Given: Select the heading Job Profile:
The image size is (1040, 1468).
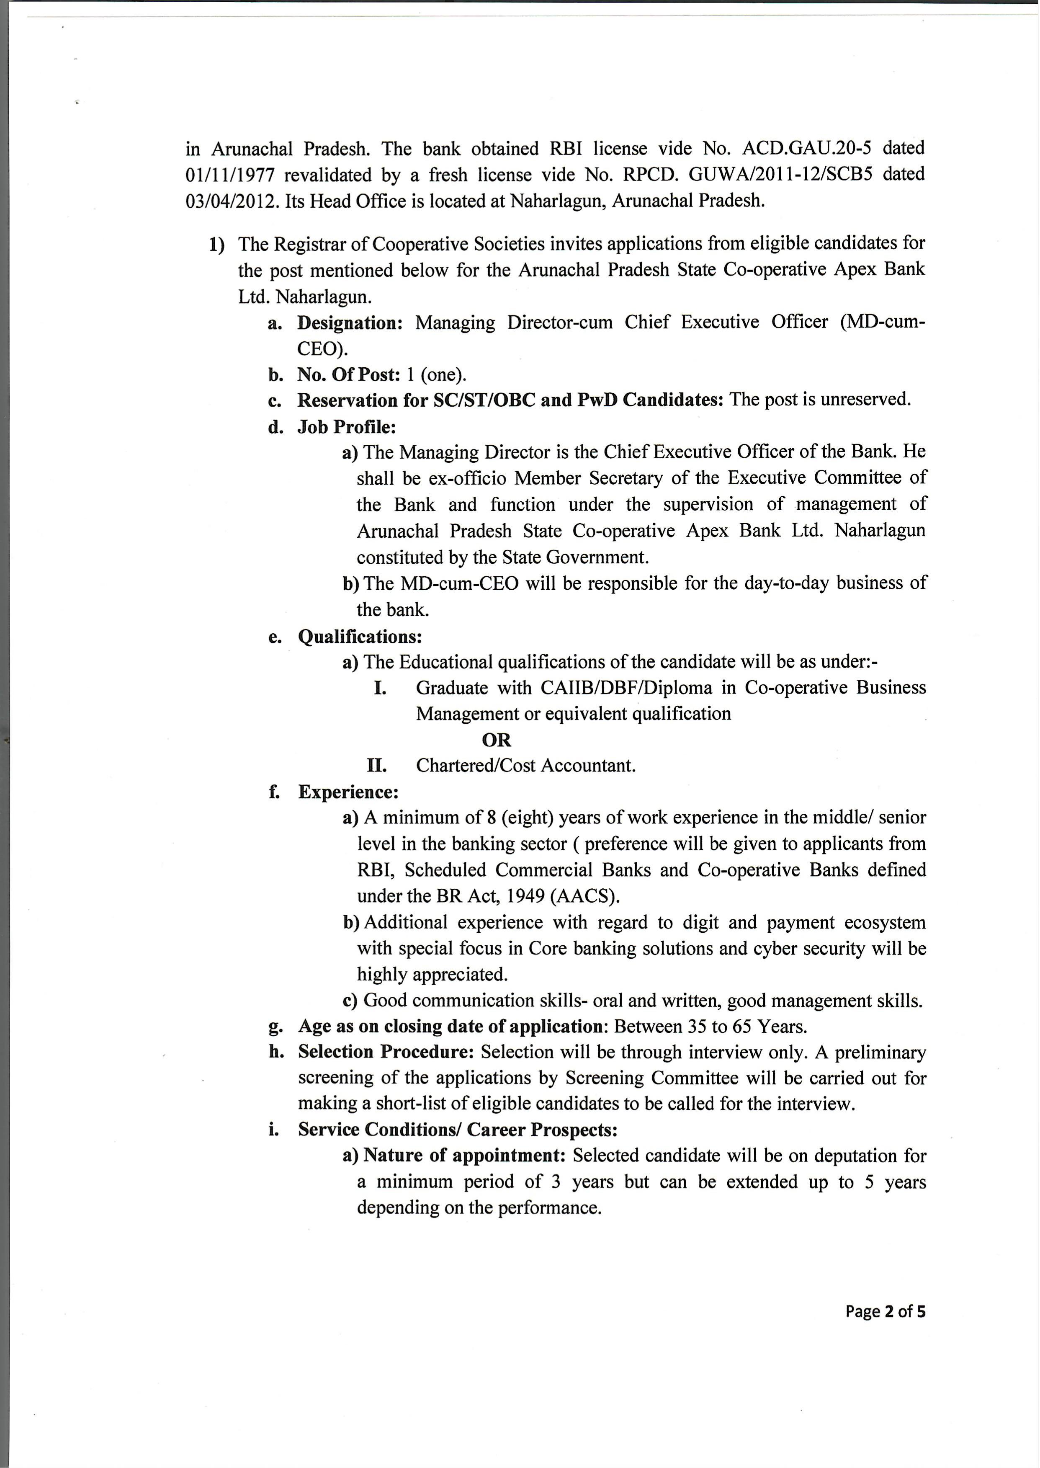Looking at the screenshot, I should [x=346, y=426].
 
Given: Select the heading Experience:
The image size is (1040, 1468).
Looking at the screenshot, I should [x=348, y=792].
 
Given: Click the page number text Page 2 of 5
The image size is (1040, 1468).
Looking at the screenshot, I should [x=885, y=1312].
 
